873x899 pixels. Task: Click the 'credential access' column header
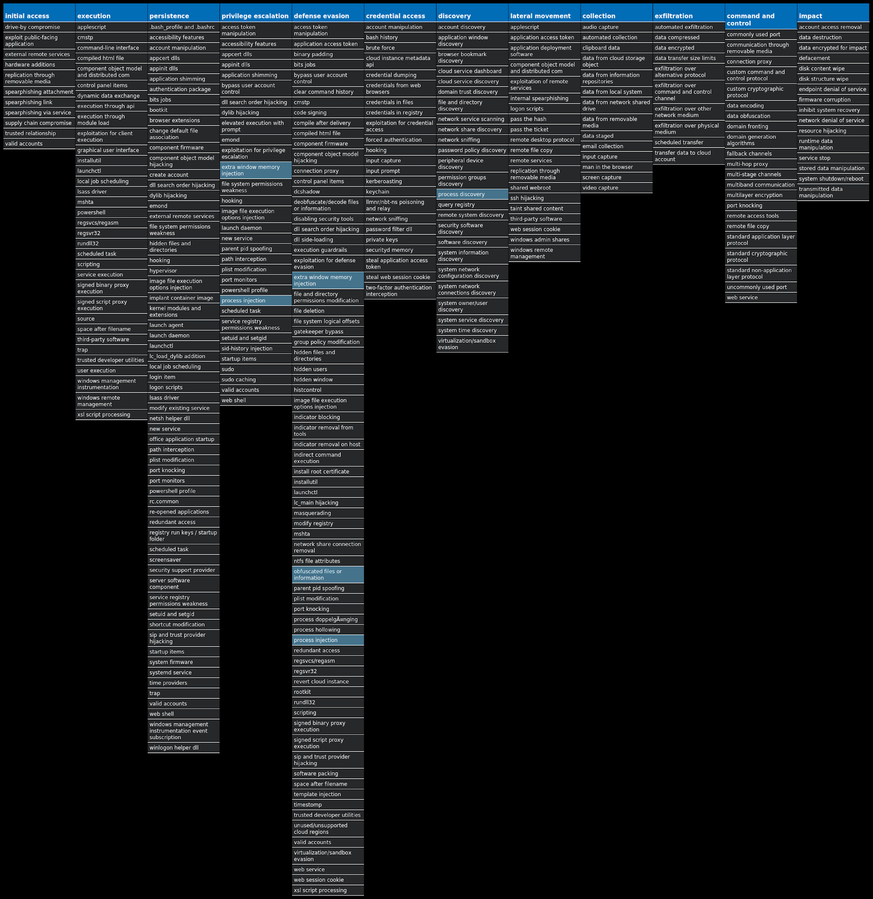pos(400,16)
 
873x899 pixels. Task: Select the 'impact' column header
pos(833,16)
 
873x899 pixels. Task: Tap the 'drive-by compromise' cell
pos(39,27)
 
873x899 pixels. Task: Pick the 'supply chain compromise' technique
pos(39,123)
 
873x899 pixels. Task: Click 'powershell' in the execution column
pos(111,212)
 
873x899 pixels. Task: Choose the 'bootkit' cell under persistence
pos(183,110)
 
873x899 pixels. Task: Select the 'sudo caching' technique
pos(256,380)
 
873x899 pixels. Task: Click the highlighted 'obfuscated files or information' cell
pos(328,575)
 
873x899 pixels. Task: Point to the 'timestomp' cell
pos(328,805)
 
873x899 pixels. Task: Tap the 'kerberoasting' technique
pos(400,181)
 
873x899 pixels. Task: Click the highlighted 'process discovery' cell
pos(472,194)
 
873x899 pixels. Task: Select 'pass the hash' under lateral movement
pos(544,119)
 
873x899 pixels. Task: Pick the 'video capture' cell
pos(616,187)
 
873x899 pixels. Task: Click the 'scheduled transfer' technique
pos(688,143)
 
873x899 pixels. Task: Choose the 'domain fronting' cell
pos(761,126)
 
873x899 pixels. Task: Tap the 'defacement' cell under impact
pos(833,58)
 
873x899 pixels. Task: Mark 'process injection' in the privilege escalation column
pos(256,301)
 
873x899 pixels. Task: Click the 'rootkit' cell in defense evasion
pos(328,692)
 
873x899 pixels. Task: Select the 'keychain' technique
pos(400,192)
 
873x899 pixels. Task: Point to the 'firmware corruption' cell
pos(833,100)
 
